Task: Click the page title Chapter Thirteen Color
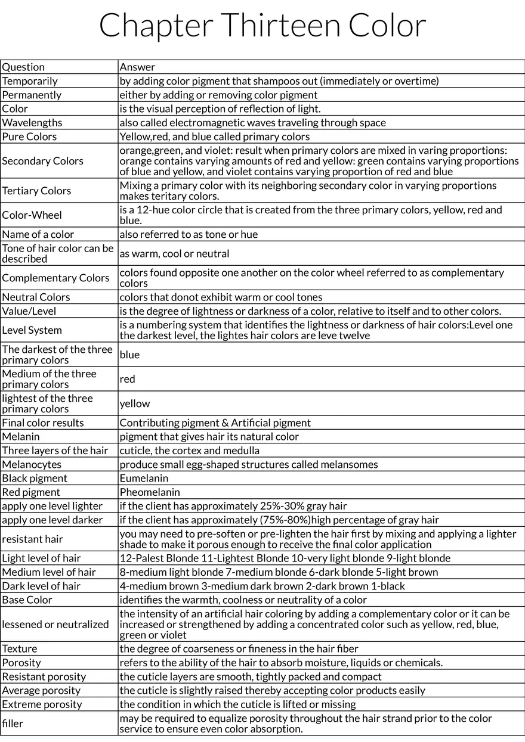pyautogui.click(x=262, y=26)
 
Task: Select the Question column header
pyautogui.click(x=24, y=67)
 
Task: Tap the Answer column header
pyautogui.click(x=138, y=67)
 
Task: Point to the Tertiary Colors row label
pyautogui.click(x=36, y=191)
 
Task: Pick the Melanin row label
pyautogui.click(x=21, y=437)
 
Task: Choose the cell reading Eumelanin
pyautogui.click(x=144, y=479)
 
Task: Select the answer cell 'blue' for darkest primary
pyautogui.click(x=129, y=355)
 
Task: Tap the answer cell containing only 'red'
pyautogui.click(x=128, y=379)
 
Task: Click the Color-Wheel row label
pyautogui.click(x=32, y=215)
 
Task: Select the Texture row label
pyautogui.click(x=20, y=648)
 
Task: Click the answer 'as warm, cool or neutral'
pyautogui.click(x=174, y=253)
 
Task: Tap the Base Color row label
pyautogui.click(x=27, y=600)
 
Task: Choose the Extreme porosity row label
pyautogui.click(x=42, y=704)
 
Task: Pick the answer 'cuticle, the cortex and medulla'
pyautogui.click(x=190, y=451)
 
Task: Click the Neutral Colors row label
pyautogui.click(x=36, y=297)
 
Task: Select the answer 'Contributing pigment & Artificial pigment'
pyautogui.click(x=215, y=423)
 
